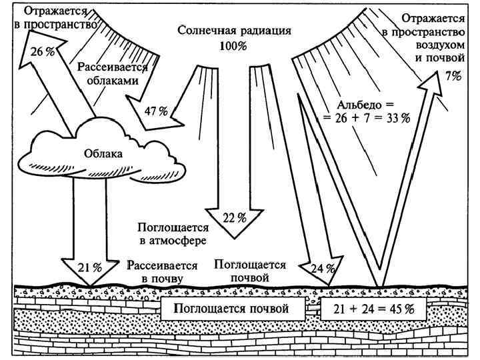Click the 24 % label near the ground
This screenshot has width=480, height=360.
[x=322, y=268]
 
